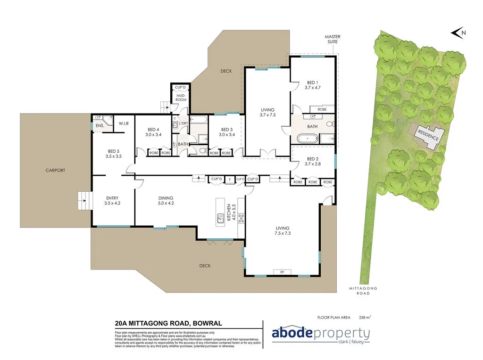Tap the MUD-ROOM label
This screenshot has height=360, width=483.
pos(181,98)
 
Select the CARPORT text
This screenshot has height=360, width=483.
pos(55,171)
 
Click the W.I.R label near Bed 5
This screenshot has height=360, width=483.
pos(124,123)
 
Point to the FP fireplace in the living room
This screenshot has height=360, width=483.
pos(282,272)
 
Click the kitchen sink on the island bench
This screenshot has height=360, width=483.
pos(220,218)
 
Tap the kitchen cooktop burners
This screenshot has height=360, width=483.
pos(241,218)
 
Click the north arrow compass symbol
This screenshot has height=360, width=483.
pos(457,33)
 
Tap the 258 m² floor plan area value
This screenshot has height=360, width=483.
pos(365,317)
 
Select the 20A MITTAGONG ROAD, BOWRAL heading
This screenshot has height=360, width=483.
pos(168,323)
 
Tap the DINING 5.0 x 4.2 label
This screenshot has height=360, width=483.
pos(166,201)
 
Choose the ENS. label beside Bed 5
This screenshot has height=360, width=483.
pos(100,126)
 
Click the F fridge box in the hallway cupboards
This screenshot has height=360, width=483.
pos(229,180)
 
